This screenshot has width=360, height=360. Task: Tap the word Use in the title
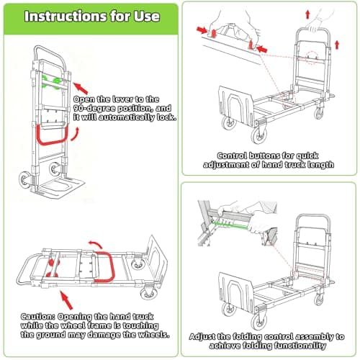click(159, 16)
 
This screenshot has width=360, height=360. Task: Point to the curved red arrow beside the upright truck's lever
click(73, 135)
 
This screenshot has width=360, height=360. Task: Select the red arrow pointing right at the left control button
click(199, 31)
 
